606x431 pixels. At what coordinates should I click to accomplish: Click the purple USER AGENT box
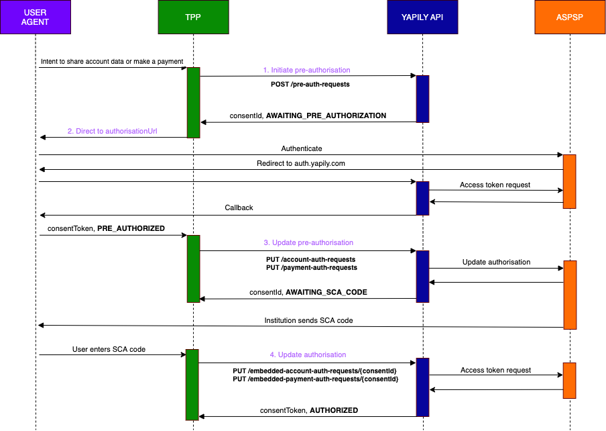[x=36, y=17]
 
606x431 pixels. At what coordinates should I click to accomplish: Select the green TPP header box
[x=193, y=17]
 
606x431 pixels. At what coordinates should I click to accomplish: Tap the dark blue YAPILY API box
[x=422, y=17]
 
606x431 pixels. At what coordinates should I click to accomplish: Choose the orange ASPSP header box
[x=569, y=17]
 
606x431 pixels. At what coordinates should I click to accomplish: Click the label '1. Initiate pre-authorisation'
[x=306, y=70]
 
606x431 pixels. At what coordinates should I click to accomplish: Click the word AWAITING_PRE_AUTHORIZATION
[x=326, y=115]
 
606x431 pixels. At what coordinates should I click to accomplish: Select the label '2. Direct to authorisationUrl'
[x=115, y=132]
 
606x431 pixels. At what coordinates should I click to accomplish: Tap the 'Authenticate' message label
[x=301, y=148]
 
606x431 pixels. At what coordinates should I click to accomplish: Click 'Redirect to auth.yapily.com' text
[x=301, y=163]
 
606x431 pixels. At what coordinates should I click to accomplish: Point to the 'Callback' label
[x=239, y=207]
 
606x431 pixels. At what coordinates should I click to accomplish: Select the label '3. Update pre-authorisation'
[x=308, y=242]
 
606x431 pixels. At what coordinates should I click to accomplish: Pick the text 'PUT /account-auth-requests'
[x=310, y=258]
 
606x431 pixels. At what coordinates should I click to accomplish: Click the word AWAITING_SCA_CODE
[x=326, y=293]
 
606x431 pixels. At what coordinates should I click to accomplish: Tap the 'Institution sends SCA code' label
[x=308, y=320]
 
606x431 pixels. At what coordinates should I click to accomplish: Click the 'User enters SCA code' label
[x=109, y=349]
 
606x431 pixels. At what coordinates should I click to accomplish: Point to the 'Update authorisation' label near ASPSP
[x=496, y=262]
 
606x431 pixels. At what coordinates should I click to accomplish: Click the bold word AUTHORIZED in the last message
[x=333, y=410]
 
